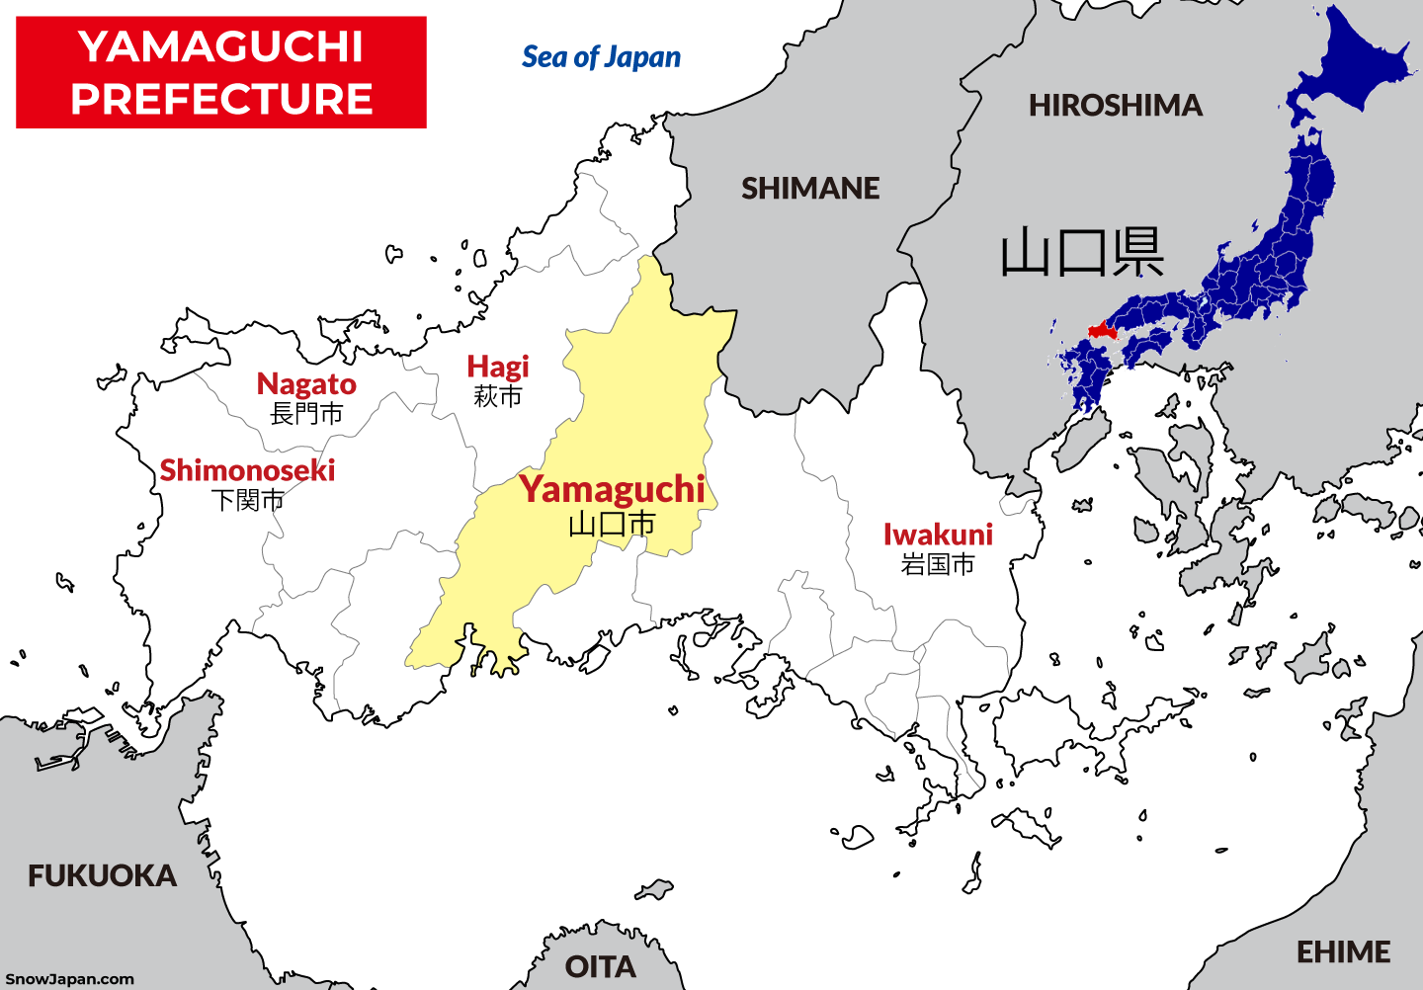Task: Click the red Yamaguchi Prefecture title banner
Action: pyautogui.click(x=221, y=72)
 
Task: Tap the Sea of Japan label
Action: pyautogui.click(x=601, y=57)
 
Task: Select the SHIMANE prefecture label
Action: pyautogui.click(x=810, y=188)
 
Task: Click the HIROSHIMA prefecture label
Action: pyautogui.click(x=1116, y=105)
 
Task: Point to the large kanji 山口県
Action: pyautogui.click(x=1081, y=253)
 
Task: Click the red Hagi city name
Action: pyautogui.click(x=498, y=367)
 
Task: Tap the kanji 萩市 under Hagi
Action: pyautogui.click(x=498, y=396)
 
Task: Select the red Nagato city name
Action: pyautogui.click(x=306, y=383)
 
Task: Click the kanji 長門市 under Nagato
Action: pyautogui.click(x=306, y=414)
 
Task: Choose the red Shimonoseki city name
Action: pyautogui.click(x=247, y=470)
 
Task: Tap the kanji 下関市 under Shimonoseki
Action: pyautogui.click(x=247, y=500)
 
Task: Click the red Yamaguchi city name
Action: pyautogui.click(x=613, y=489)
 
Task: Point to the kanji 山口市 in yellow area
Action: pyautogui.click(x=613, y=524)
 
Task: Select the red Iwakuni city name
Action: pyautogui.click(x=938, y=535)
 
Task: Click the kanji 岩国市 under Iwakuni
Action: pyautogui.click(x=938, y=564)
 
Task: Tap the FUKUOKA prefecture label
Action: pyautogui.click(x=102, y=875)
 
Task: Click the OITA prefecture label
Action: pyautogui.click(x=600, y=966)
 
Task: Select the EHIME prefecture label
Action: pyautogui.click(x=1343, y=951)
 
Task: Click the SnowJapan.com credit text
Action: pyautogui.click(x=69, y=979)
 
